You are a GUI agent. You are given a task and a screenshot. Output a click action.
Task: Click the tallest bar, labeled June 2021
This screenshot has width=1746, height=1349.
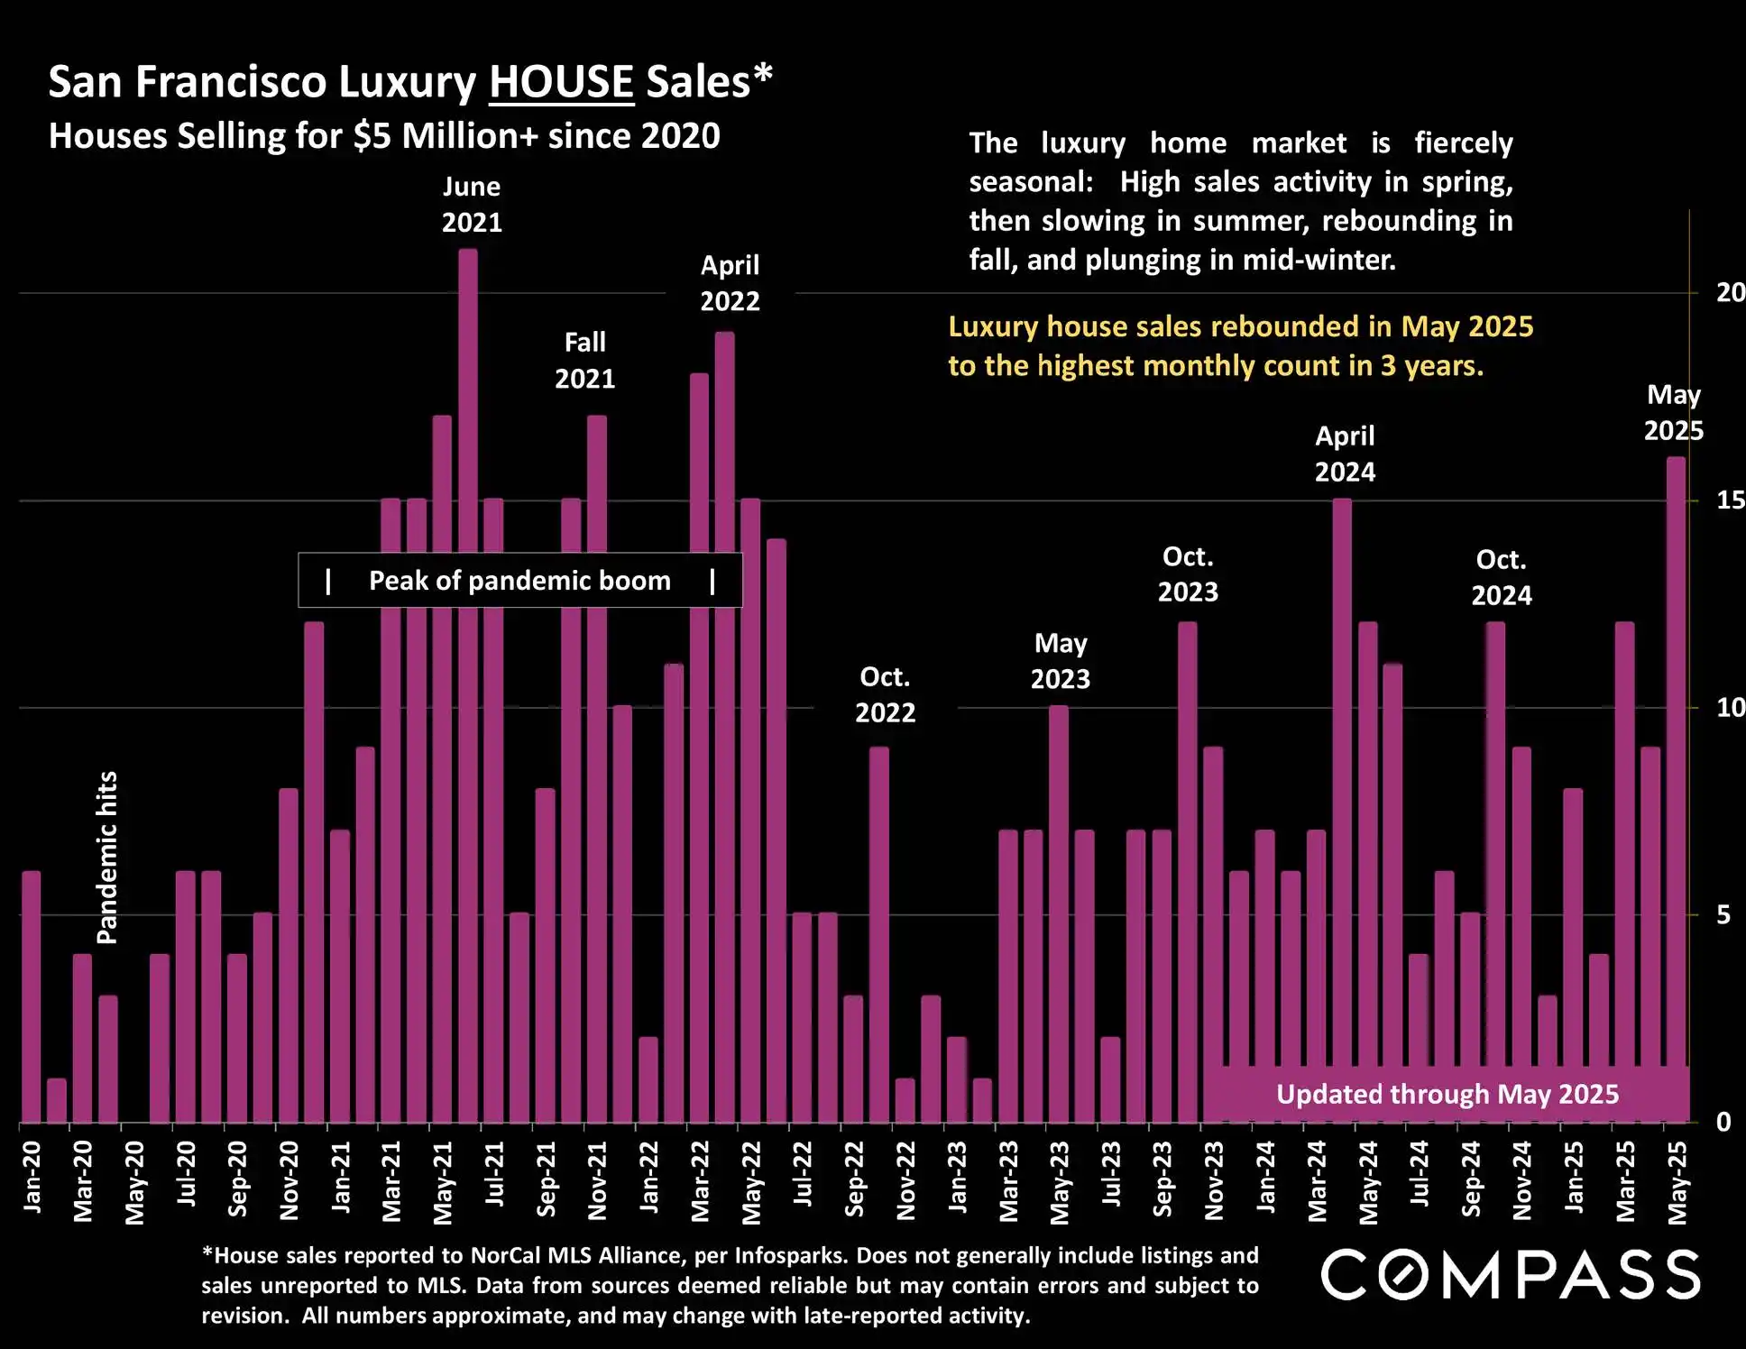(x=468, y=685)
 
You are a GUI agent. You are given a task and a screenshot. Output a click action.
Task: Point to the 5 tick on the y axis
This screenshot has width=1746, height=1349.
(x=1723, y=915)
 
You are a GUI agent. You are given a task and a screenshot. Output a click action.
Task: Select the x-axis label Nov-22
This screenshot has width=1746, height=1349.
(x=906, y=1181)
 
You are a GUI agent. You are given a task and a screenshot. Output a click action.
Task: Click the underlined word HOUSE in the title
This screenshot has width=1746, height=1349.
(x=561, y=82)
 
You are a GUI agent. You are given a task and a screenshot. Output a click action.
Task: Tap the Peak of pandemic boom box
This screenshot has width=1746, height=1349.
(x=520, y=581)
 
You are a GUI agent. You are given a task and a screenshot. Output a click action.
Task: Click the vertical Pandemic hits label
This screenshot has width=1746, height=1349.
(x=107, y=858)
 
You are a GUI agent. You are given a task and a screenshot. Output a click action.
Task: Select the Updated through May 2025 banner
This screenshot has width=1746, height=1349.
(x=1447, y=1095)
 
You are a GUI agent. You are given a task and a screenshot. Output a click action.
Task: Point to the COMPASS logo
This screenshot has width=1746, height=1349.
(x=1511, y=1275)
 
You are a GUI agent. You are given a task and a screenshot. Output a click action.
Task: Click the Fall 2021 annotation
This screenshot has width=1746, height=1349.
(x=584, y=361)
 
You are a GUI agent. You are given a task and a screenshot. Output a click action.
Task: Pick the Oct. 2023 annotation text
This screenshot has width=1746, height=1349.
(x=1188, y=574)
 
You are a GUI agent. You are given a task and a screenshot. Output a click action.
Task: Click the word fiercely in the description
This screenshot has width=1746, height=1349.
(x=1463, y=143)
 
